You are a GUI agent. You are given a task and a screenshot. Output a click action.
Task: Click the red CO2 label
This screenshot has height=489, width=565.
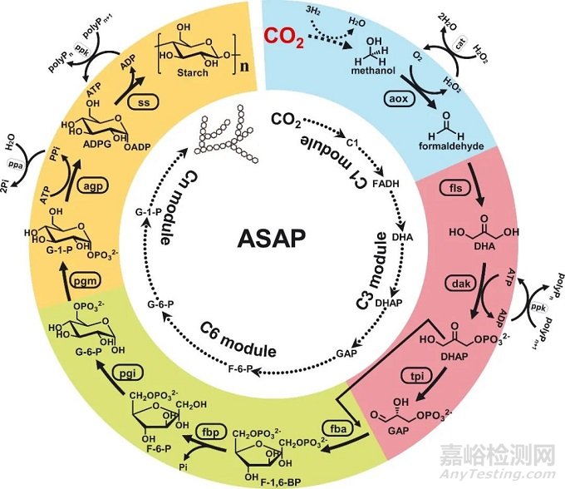(x=285, y=37)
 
